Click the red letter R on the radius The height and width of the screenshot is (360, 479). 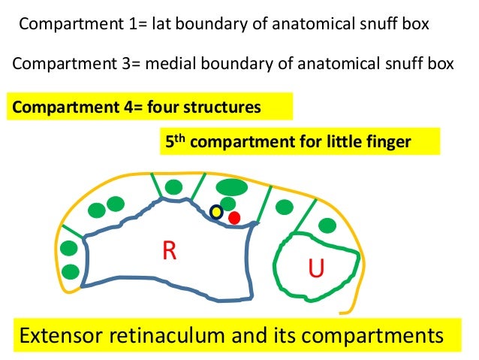[x=169, y=251]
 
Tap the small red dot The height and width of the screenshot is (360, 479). [x=234, y=218]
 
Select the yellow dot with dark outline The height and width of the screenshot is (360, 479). [x=216, y=212]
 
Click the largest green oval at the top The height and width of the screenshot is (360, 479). [x=231, y=186]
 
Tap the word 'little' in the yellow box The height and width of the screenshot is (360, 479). [x=333, y=142]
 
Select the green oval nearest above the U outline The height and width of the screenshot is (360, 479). [x=327, y=225]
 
